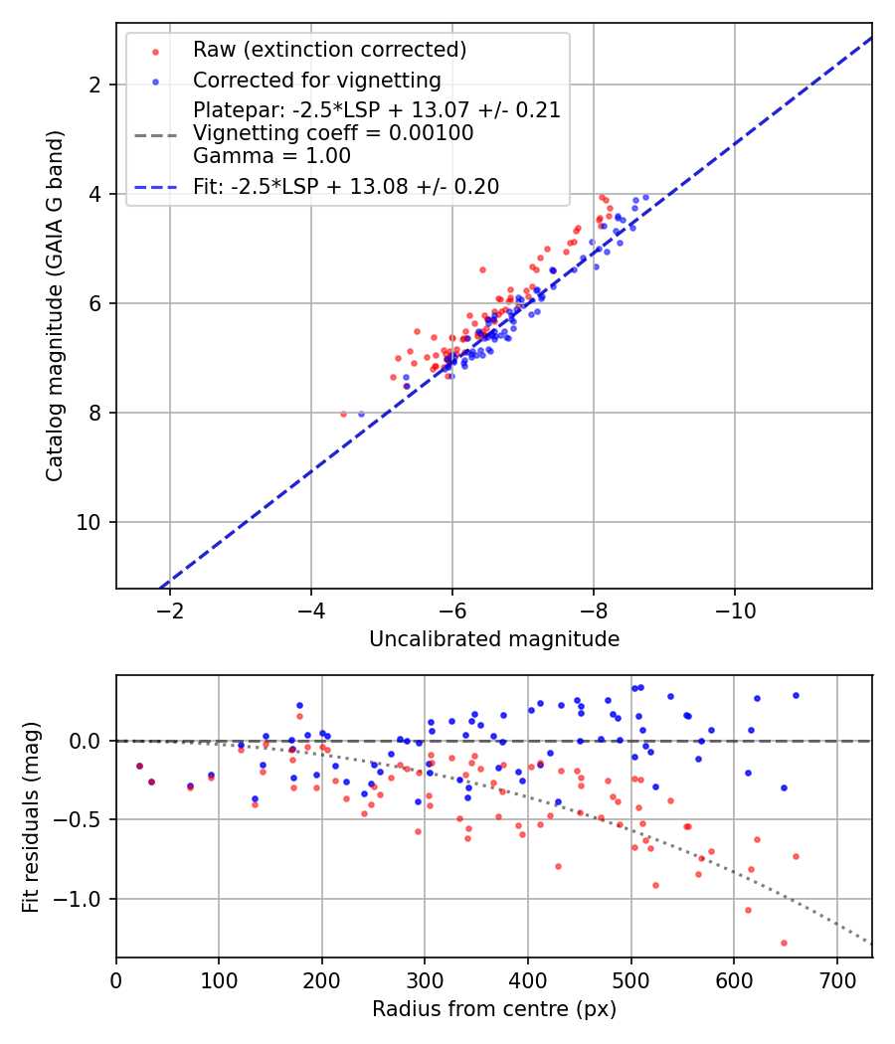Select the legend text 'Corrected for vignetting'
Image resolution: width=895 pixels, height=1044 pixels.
(x=316, y=80)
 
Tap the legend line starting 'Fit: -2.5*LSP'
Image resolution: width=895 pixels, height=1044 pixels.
(x=346, y=186)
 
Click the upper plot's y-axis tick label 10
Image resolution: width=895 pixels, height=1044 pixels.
(x=91, y=522)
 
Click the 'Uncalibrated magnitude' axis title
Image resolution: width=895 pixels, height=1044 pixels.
(x=494, y=639)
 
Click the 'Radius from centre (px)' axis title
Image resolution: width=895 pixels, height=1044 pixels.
(x=494, y=1009)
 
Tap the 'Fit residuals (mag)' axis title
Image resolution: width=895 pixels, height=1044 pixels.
(x=31, y=816)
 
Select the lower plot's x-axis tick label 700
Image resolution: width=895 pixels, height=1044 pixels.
(x=837, y=979)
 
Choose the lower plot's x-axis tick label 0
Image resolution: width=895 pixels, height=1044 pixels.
(x=116, y=979)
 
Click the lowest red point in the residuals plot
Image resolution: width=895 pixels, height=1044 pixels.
(x=784, y=943)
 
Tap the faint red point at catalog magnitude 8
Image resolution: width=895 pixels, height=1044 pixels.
(x=344, y=414)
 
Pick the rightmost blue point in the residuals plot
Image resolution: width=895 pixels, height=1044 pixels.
(x=796, y=695)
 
